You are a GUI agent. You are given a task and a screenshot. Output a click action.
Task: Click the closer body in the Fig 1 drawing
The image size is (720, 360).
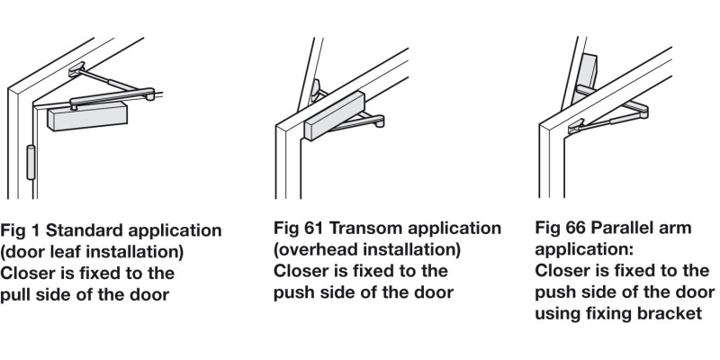tap(87, 116)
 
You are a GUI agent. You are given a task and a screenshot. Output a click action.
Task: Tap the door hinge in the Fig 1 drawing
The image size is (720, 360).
tap(31, 162)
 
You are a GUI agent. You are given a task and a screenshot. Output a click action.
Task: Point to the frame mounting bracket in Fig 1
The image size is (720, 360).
tap(76, 69)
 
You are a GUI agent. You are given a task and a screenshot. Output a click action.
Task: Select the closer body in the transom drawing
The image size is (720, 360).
tap(334, 115)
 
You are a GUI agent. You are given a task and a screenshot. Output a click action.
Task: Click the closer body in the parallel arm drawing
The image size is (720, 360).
tap(584, 78)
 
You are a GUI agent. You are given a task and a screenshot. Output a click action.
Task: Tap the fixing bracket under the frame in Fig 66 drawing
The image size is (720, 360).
tap(577, 126)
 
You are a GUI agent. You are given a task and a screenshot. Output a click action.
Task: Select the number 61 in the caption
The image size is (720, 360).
tap(313, 228)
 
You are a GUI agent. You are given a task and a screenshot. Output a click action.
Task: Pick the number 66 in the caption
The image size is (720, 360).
tap(576, 228)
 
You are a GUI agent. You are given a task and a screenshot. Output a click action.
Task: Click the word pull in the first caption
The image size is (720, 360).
tap(14, 294)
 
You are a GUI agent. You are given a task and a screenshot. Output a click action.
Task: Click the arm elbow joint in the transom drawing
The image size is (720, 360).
tap(378, 121)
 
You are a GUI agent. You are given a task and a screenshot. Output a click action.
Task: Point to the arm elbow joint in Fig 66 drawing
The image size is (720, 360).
tap(643, 109)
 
